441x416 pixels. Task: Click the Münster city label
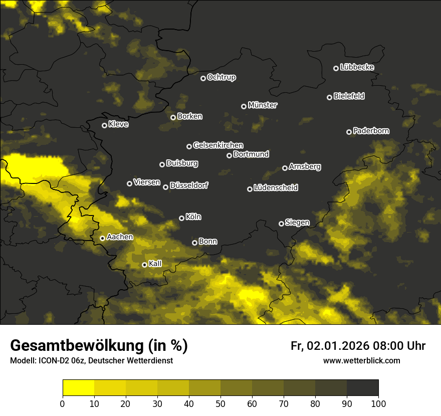[263, 105]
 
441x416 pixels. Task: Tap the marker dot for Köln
[181, 218]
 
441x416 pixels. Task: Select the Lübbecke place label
[357, 67]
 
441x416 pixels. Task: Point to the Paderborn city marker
[349, 132]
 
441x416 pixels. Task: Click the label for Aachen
[120, 237]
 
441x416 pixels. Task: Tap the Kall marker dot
[144, 265]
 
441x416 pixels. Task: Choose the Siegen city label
[297, 223]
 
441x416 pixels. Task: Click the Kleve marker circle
[104, 125]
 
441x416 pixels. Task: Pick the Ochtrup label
[221, 77]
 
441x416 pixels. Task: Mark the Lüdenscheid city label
[276, 187]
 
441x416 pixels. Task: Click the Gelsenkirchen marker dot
[189, 146]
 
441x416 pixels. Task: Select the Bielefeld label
[349, 96]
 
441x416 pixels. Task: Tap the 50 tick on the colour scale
[220, 403]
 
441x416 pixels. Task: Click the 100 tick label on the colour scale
[378, 403]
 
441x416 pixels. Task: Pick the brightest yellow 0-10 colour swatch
[78, 387]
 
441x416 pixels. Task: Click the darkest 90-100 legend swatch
[362, 387]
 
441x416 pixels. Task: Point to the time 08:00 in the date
[387, 346]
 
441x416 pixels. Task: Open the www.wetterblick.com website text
[361, 360]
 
